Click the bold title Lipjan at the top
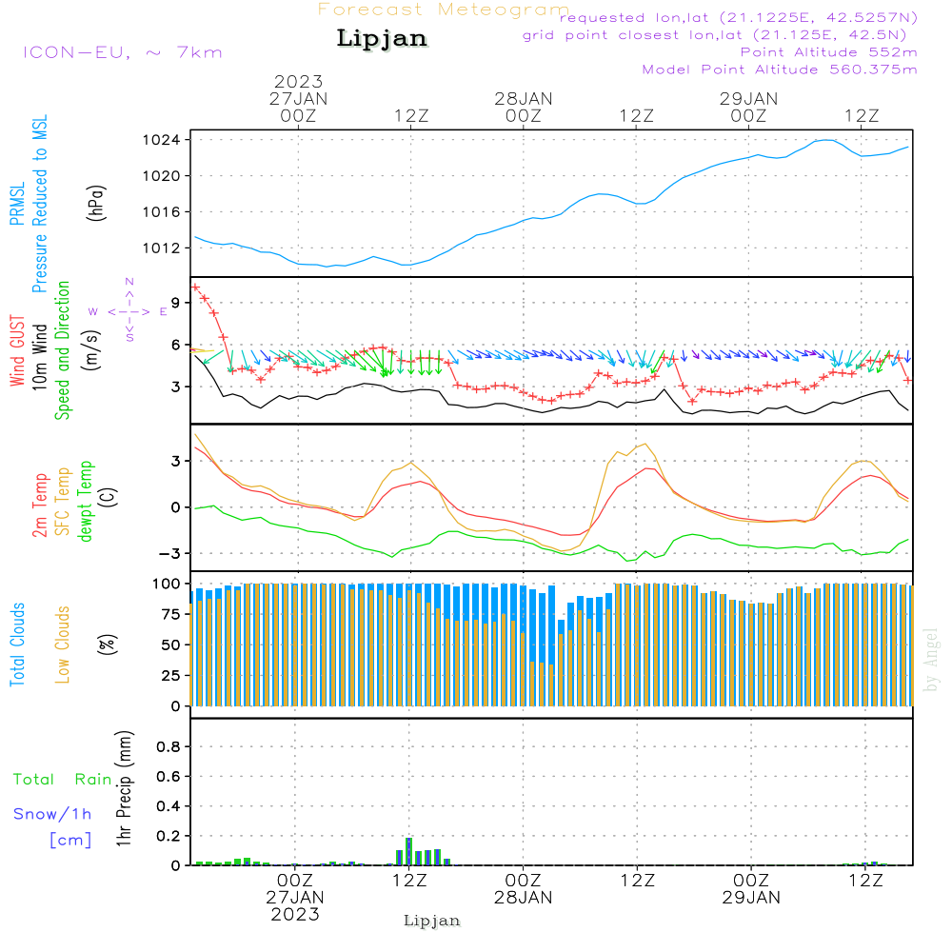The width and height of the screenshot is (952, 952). pyautogui.click(x=382, y=39)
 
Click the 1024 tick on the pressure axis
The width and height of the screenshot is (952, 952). pyautogui.click(x=169, y=140)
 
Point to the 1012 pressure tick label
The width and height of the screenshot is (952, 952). pyautogui.click(x=169, y=248)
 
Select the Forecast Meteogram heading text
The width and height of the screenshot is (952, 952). pyautogui.click(x=443, y=10)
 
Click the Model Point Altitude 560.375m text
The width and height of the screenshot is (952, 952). pyautogui.click(x=779, y=69)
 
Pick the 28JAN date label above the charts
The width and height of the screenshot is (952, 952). pyautogui.click(x=523, y=98)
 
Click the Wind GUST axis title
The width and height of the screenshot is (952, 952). pyautogui.click(x=17, y=351)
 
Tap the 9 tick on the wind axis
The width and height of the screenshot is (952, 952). pyautogui.click(x=177, y=302)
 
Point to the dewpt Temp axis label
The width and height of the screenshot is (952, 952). pyautogui.click(x=86, y=502)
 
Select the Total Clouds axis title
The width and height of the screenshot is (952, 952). pyautogui.click(x=17, y=645)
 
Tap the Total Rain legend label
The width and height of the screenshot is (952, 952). pyautogui.click(x=62, y=779)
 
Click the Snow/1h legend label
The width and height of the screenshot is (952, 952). pyautogui.click(x=52, y=814)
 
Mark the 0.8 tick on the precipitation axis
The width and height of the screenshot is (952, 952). pyautogui.click(x=169, y=747)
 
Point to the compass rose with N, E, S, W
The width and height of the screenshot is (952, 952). pyautogui.click(x=129, y=310)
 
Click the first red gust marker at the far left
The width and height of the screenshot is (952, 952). pyautogui.click(x=195, y=287)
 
